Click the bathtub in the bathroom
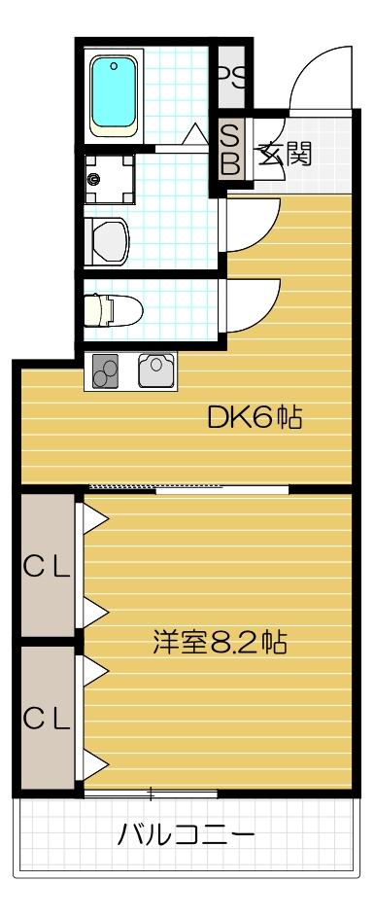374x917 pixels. tap(116, 94)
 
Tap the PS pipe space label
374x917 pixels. tap(230, 76)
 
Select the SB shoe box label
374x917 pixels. tap(230, 148)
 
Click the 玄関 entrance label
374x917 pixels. tap(284, 155)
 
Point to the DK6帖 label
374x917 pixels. tap(255, 419)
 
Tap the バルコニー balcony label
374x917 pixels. tap(187, 834)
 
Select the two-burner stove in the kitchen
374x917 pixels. tap(106, 370)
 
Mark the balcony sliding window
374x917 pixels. tap(151, 793)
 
